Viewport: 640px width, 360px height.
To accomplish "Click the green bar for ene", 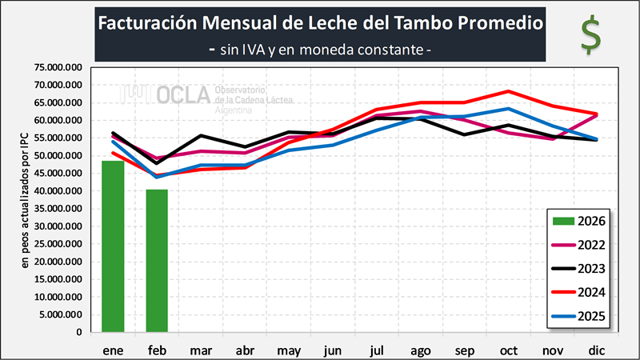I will coord(113,246).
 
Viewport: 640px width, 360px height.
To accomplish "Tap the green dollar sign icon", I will coord(591,35).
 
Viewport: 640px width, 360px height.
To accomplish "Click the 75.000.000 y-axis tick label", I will coord(58,68).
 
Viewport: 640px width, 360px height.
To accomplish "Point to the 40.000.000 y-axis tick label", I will coord(58,191).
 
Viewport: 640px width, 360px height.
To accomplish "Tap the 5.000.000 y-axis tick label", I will coord(61,314).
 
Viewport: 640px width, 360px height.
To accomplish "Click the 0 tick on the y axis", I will coord(80,332).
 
